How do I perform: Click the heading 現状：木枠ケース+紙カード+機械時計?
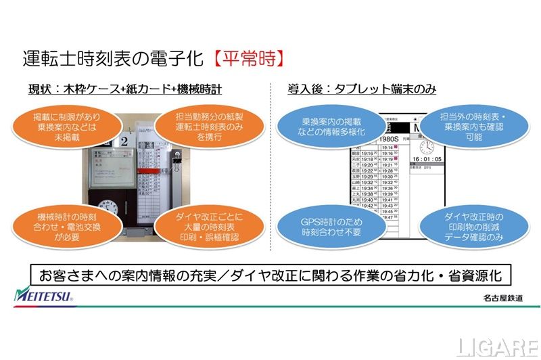point(124,89)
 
